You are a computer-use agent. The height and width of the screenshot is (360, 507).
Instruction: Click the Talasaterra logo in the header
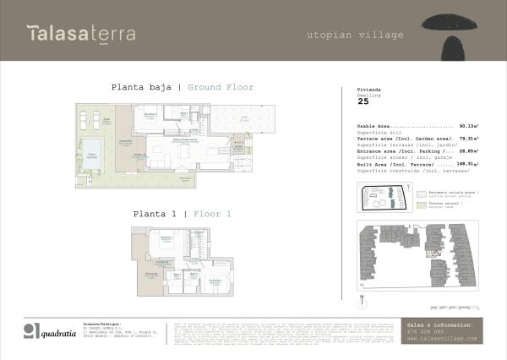[x=80, y=34]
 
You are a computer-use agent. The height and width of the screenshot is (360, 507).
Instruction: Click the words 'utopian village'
[x=355, y=35]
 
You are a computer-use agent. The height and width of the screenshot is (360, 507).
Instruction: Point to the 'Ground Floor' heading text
[x=221, y=87]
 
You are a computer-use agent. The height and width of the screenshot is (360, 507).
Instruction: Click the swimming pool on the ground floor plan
[x=91, y=150]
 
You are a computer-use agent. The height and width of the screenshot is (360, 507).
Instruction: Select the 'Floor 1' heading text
[x=212, y=214]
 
